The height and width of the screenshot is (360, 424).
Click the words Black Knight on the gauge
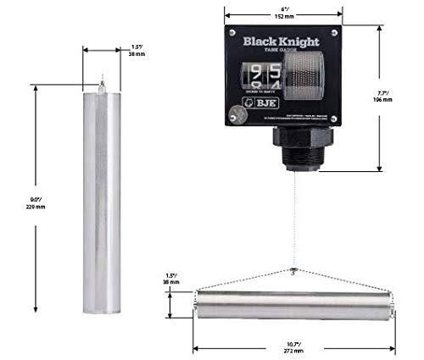coord(277,41)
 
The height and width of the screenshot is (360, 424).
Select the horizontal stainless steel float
coord(293,305)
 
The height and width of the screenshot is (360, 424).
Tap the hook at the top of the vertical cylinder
coord(102,83)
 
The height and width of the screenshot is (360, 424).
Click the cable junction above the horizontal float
coord(293,271)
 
